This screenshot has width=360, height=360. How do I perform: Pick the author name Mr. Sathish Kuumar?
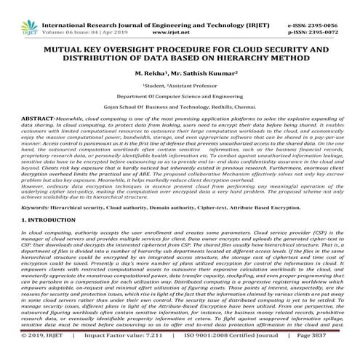(209, 75)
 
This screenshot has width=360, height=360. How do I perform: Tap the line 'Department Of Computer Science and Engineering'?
(180, 95)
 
